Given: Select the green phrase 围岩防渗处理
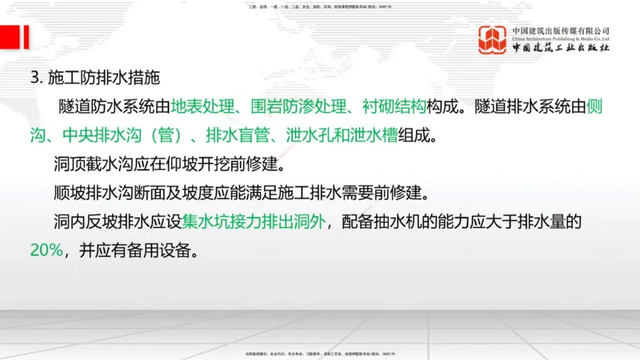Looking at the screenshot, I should pyautogui.click(x=296, y=106).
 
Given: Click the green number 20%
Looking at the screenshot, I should pyautogui.click(x=46, y=250).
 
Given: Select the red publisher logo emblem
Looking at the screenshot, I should pyautogui.click(x=493, y=39).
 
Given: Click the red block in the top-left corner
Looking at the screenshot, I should pyautogui.click(x=10, y=36).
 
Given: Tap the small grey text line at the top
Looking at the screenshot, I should pyautogui.click(x=320, y=6).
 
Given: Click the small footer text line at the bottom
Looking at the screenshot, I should pyautogui.click(x=320, y=353).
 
